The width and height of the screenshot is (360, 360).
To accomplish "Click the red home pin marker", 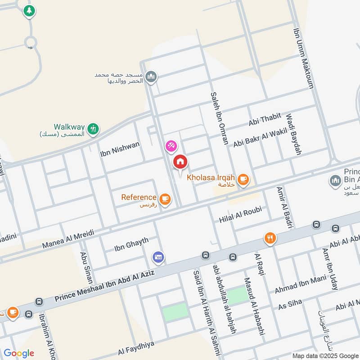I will [180, 162].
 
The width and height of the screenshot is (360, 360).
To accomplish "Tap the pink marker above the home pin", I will [171, 146].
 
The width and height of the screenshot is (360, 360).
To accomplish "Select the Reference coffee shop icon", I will [165, 198].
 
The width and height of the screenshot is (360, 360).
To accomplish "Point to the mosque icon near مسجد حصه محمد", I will [152, 76].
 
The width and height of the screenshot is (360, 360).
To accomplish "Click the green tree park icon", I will [29, 11].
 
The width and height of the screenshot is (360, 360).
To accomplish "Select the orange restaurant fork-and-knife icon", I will [270, 238].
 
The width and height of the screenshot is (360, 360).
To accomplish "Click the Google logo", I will [19, 353].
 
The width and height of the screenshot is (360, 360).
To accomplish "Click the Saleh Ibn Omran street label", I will [219, 118].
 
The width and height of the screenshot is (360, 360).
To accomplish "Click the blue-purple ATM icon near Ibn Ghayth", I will [158, 258].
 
